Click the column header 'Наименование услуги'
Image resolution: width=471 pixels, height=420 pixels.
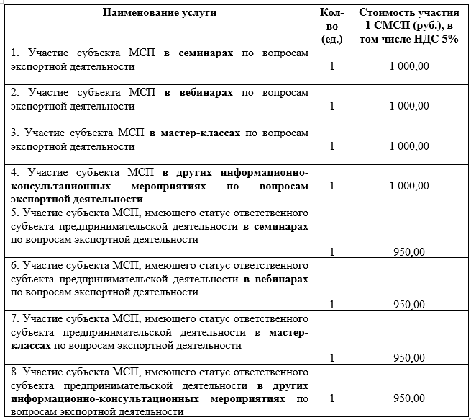[x=159, y=13]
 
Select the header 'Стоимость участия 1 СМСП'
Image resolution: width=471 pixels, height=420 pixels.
[x=408, y=19]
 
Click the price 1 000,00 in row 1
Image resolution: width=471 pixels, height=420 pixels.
[x=408, y=66]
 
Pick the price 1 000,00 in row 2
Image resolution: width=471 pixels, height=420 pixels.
[x=408, y=106]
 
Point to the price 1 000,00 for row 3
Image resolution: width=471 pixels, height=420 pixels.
[x=408, y=146]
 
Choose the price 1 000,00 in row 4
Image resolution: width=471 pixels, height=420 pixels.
[x=408, y=186]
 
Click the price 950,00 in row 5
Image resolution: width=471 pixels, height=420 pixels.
[x=409, y=252]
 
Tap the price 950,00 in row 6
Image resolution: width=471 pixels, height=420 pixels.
[x=409, y=305]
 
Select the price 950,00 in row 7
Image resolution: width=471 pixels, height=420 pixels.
[x=409, y=358]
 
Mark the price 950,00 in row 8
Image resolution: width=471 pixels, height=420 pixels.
[x=409, y=398]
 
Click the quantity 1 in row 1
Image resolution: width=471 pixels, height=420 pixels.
[x=331, y=66]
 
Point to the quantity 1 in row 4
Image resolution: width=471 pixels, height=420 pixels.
[x=331, y=186]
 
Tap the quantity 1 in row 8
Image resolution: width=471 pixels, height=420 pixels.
[x=331, y=398]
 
